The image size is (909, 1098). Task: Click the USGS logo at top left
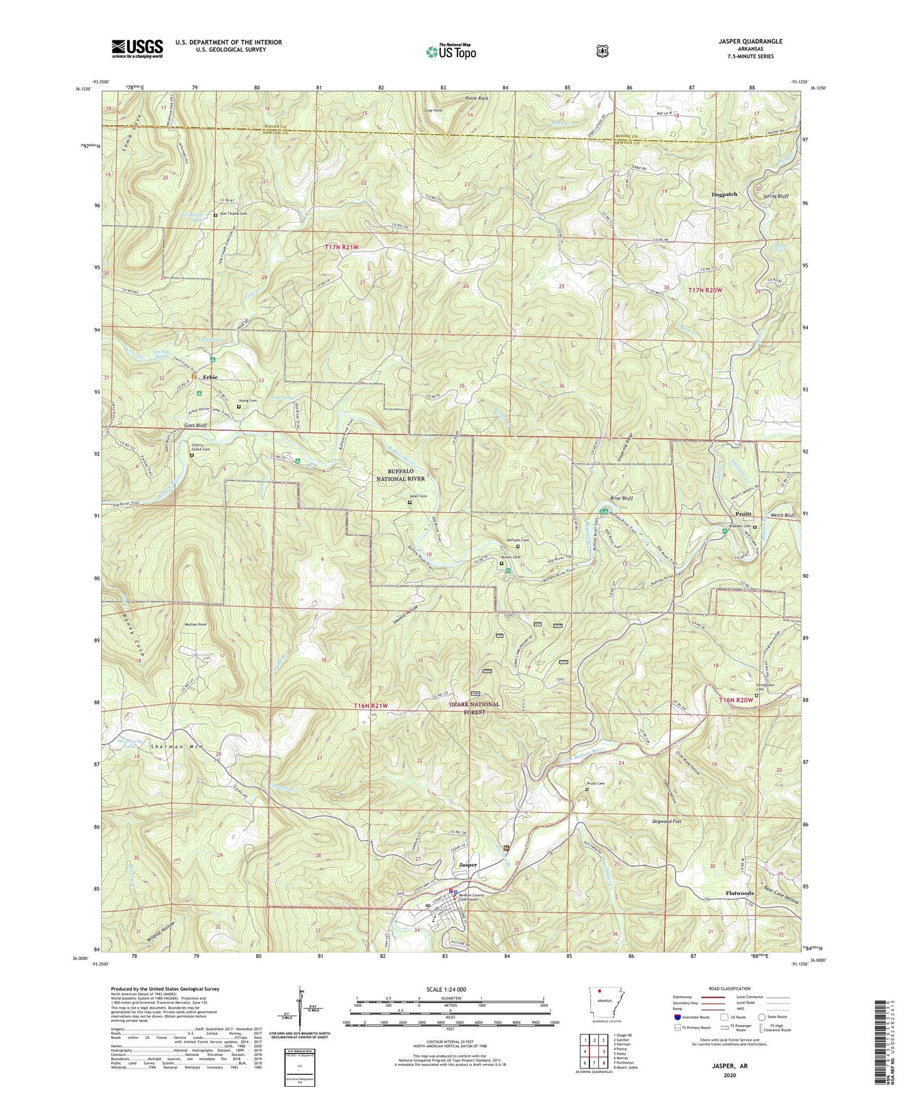(137, 48)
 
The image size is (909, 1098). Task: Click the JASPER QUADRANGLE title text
(747, 42)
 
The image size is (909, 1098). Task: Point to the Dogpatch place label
(724, 194)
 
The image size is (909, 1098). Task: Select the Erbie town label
(210, 377)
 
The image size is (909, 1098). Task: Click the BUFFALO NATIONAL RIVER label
(401, 474)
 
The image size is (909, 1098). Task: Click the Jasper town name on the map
(467, 865)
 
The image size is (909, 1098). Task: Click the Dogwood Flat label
(660, 821)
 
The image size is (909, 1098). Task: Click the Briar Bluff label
(620, 498)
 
